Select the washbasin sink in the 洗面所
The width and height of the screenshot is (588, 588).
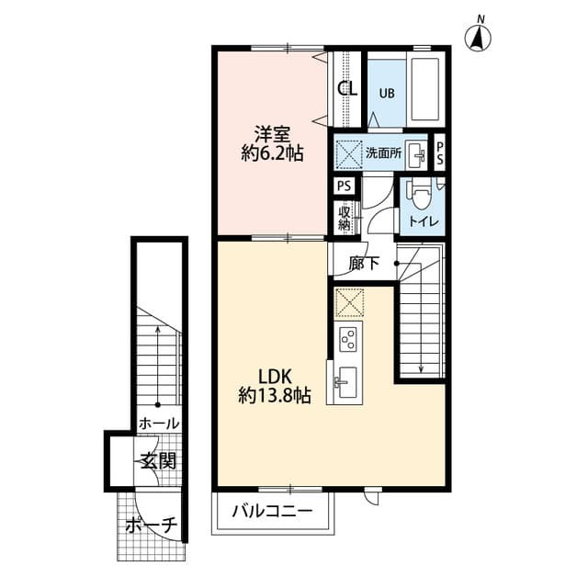pos(416,153)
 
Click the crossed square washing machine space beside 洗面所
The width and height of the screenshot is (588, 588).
pos(348,153)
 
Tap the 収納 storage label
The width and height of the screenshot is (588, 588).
pos(345,218)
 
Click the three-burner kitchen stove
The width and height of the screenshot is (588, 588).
pos(348,338)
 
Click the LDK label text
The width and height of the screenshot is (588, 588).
pos(274,376)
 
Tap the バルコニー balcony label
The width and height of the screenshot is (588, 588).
pos(271,511)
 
